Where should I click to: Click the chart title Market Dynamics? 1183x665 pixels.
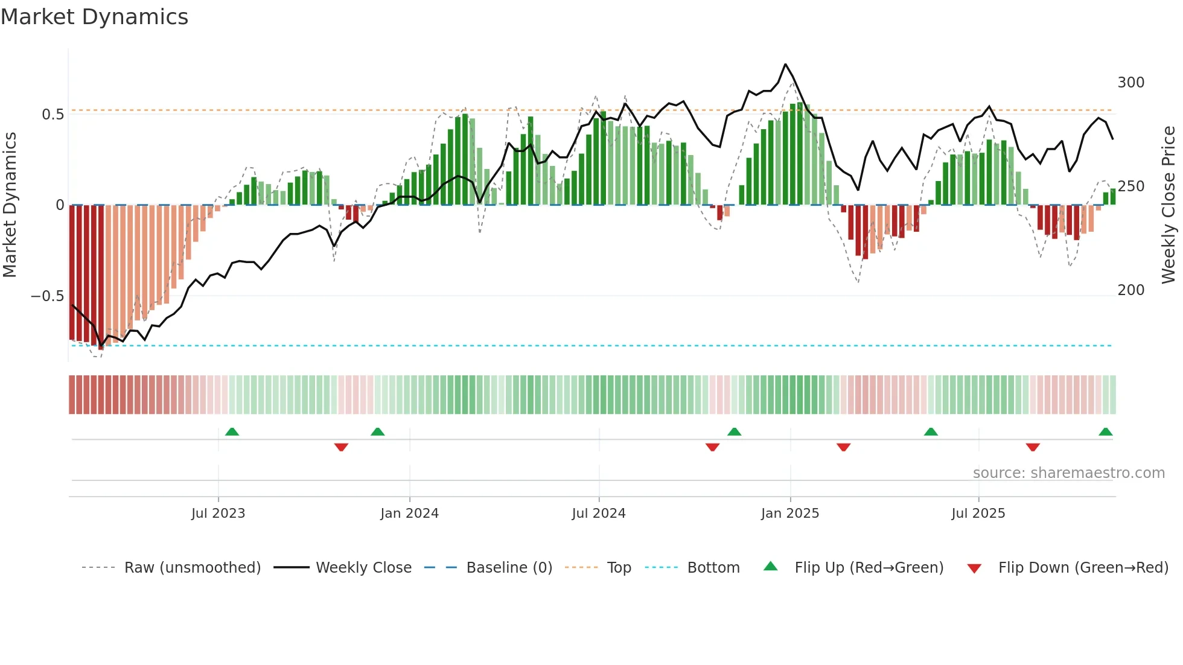point(95,17)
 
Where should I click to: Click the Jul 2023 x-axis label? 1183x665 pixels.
point(218,514)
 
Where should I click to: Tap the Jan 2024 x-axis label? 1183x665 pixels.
point(409,514)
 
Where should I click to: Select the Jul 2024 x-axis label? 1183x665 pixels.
point(598,514)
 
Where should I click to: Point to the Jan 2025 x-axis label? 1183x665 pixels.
point(790,514)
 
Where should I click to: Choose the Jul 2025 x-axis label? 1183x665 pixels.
point(978,514)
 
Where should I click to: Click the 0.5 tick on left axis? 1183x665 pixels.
point(53,115)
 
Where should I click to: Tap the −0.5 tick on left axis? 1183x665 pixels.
point(47,296)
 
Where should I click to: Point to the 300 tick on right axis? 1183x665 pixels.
point(1130,83)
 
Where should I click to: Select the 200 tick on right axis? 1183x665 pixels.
point(1130,290)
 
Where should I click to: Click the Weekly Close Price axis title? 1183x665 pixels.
point(1169,205)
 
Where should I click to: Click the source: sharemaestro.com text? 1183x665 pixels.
point(1068,473)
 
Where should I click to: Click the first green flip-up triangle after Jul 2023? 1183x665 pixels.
point(232,431)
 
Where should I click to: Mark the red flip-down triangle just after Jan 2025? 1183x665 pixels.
point(843,447)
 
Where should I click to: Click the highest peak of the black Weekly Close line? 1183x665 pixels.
point(785,65)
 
